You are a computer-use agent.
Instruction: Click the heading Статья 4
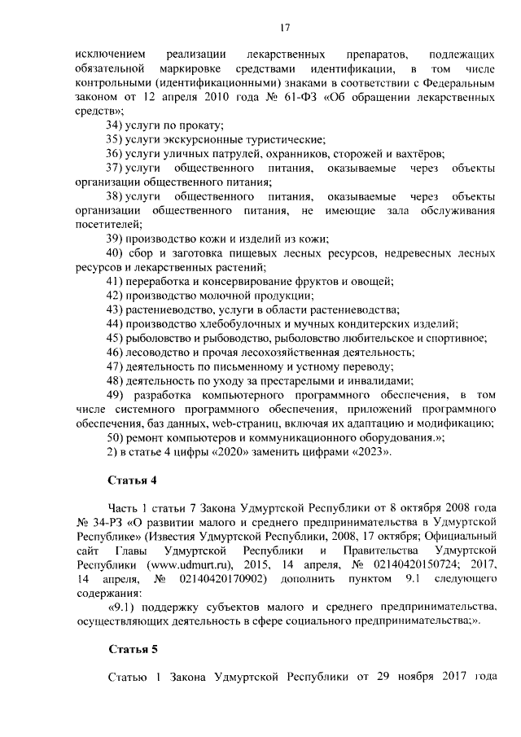tap(132, 478)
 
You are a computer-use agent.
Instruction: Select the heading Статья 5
tap(132, 649)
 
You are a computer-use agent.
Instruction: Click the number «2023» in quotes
tap(370, 452)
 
